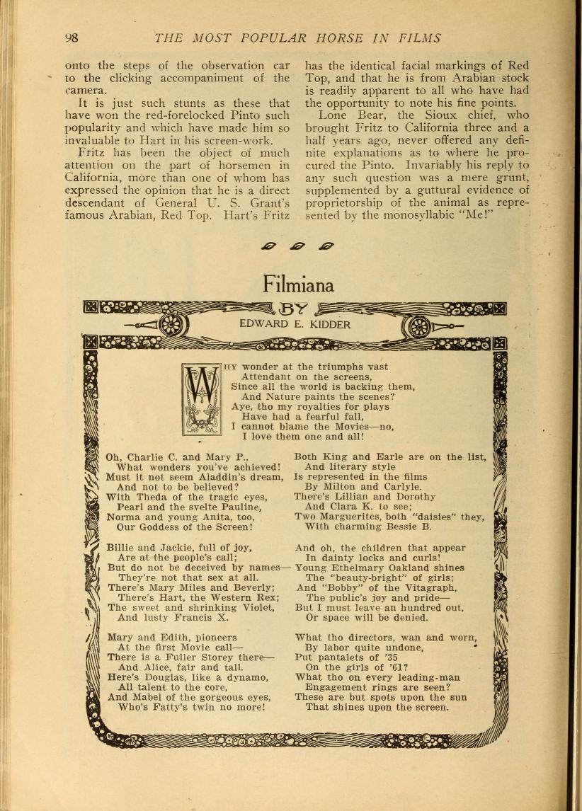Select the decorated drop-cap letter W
(202, 399)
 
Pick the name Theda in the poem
(147, 497)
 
